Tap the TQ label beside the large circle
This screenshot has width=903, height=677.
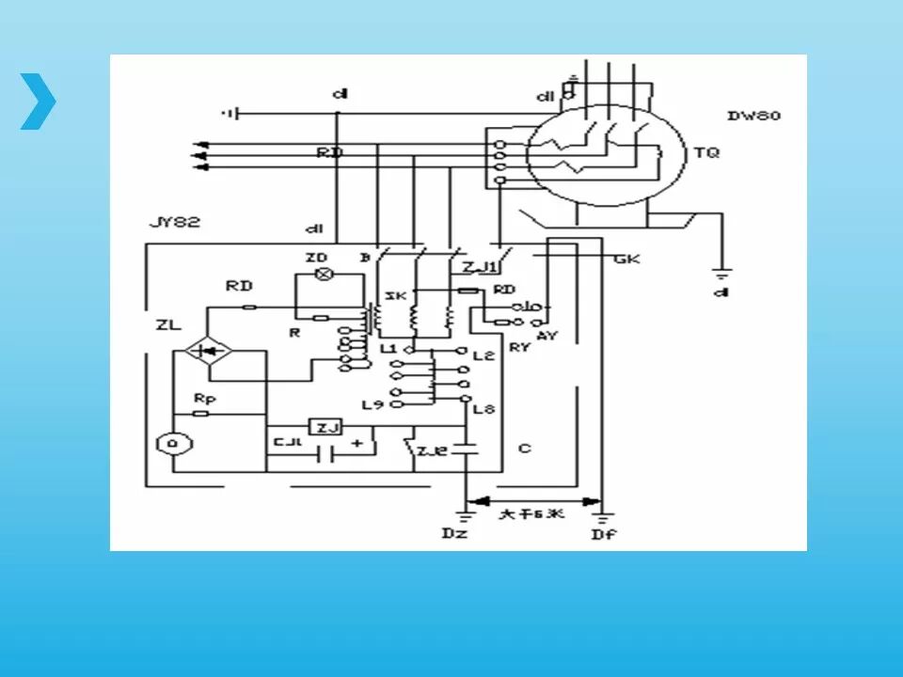coord(705,151)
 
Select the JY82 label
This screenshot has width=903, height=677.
coord(175,224)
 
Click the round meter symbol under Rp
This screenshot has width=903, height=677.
coord(171,443)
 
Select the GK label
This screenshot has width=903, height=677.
coord(626,258)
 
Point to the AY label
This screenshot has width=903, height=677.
coord(543,335)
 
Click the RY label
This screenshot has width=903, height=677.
coord(520,347)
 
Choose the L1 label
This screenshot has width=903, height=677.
coord(389,349)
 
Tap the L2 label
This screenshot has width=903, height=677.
coord(483,355)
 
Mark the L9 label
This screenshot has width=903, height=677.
coord(373,405)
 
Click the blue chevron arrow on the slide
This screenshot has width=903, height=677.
coord(39,101)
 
